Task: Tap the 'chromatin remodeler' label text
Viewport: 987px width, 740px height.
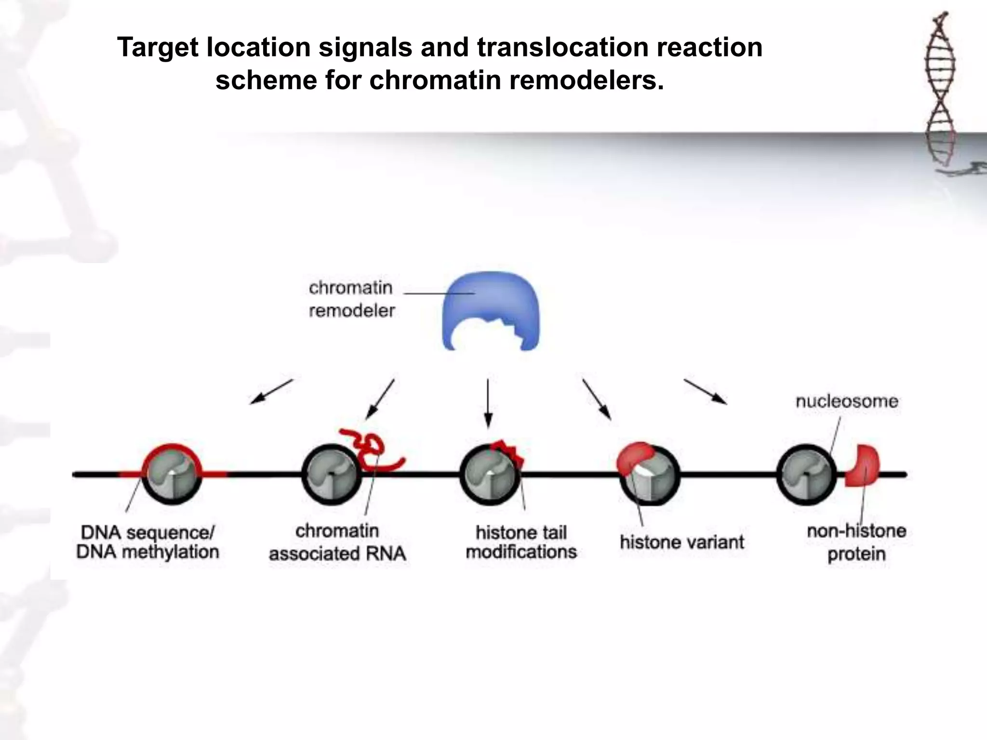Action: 351,299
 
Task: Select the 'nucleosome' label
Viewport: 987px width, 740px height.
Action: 847,401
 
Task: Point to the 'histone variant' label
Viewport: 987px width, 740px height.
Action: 682,542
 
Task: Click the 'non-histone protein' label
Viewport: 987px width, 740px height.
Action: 856,542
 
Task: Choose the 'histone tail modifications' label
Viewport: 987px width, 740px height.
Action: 521,542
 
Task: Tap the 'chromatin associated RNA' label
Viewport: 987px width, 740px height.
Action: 337,542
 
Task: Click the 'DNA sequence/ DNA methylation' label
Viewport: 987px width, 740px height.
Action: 147,542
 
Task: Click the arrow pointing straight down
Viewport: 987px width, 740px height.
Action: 488,403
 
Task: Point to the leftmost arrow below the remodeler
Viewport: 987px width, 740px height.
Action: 271,391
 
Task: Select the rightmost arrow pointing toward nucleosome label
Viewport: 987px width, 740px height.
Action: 705,392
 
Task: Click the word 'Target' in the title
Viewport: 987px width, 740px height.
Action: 158,48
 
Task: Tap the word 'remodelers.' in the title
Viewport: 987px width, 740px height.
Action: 587,80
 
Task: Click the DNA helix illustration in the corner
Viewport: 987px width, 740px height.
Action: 940,92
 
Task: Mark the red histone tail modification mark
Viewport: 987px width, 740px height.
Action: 508,452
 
